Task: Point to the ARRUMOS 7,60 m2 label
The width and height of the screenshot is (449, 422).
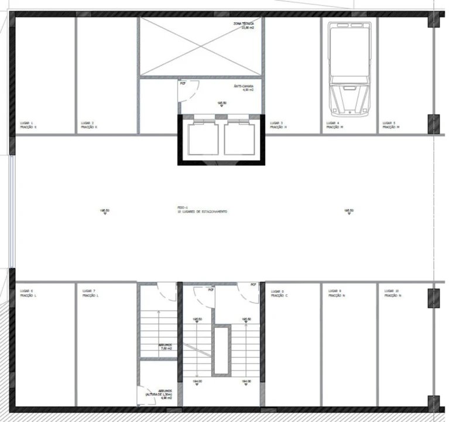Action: [x=166, y=347]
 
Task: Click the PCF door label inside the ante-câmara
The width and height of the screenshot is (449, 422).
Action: [x=183, y=83]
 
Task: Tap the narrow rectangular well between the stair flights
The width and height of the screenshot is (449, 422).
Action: [x=221, y=350]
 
